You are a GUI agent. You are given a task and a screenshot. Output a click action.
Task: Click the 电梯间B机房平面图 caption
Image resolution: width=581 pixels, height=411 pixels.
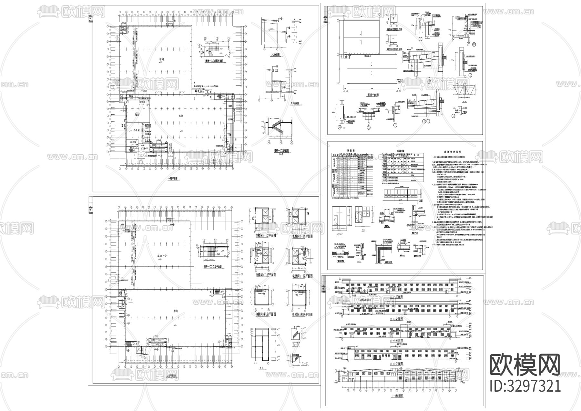pos(302,314)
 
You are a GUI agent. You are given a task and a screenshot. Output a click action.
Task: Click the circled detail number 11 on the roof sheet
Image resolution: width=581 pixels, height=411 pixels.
pos(474,44)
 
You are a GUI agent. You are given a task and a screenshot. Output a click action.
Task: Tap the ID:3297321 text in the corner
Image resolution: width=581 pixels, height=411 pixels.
pos(525,386)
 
